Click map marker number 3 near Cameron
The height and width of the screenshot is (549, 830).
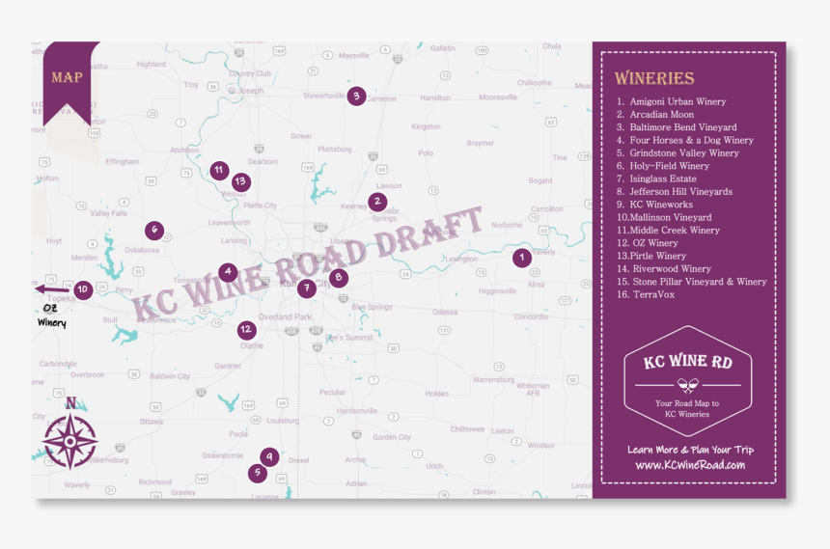point(356,96)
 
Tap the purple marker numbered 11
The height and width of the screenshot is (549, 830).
point(219,171)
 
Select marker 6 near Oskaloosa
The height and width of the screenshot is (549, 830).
point(153,230)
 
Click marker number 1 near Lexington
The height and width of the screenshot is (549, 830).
point(521,258)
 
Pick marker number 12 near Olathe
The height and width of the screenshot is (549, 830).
point(247,330)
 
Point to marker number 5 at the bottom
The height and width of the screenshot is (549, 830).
point(257,473)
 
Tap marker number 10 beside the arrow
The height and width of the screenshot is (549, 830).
point(83,288)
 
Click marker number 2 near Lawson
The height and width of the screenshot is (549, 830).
point(377,202)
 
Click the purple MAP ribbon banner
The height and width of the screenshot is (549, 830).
point(68,77)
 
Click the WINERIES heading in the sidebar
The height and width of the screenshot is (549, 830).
point(653,78)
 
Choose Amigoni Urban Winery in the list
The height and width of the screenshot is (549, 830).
point(678,101)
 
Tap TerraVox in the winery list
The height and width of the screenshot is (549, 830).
point(653,294)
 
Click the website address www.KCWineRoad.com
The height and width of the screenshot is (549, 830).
point(690,465)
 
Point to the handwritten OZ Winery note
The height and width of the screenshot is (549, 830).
point(52,316)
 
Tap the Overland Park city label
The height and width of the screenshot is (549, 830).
point(285,316)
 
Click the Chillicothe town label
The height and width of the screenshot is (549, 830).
point(534,83)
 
